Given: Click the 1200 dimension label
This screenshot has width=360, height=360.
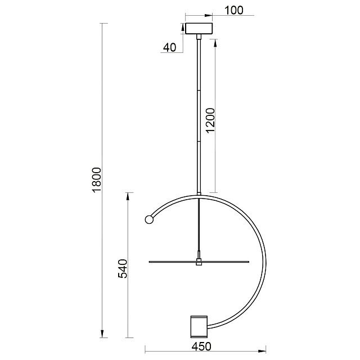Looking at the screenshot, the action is tap(210, 121).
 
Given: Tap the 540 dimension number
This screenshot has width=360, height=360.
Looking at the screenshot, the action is tap(123, 269).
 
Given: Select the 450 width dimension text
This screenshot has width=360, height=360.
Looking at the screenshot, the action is tap(201, 346).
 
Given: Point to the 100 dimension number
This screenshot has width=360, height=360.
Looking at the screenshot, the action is tap(233, 10).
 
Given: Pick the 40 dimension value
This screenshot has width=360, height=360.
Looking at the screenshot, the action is tap(170, 47).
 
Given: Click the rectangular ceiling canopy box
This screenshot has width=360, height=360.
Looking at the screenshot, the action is tap(199, 29).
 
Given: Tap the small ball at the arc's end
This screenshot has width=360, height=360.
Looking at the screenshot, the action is tap(149, 220).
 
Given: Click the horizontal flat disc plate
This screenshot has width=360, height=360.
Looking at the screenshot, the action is tap(199, 262).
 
